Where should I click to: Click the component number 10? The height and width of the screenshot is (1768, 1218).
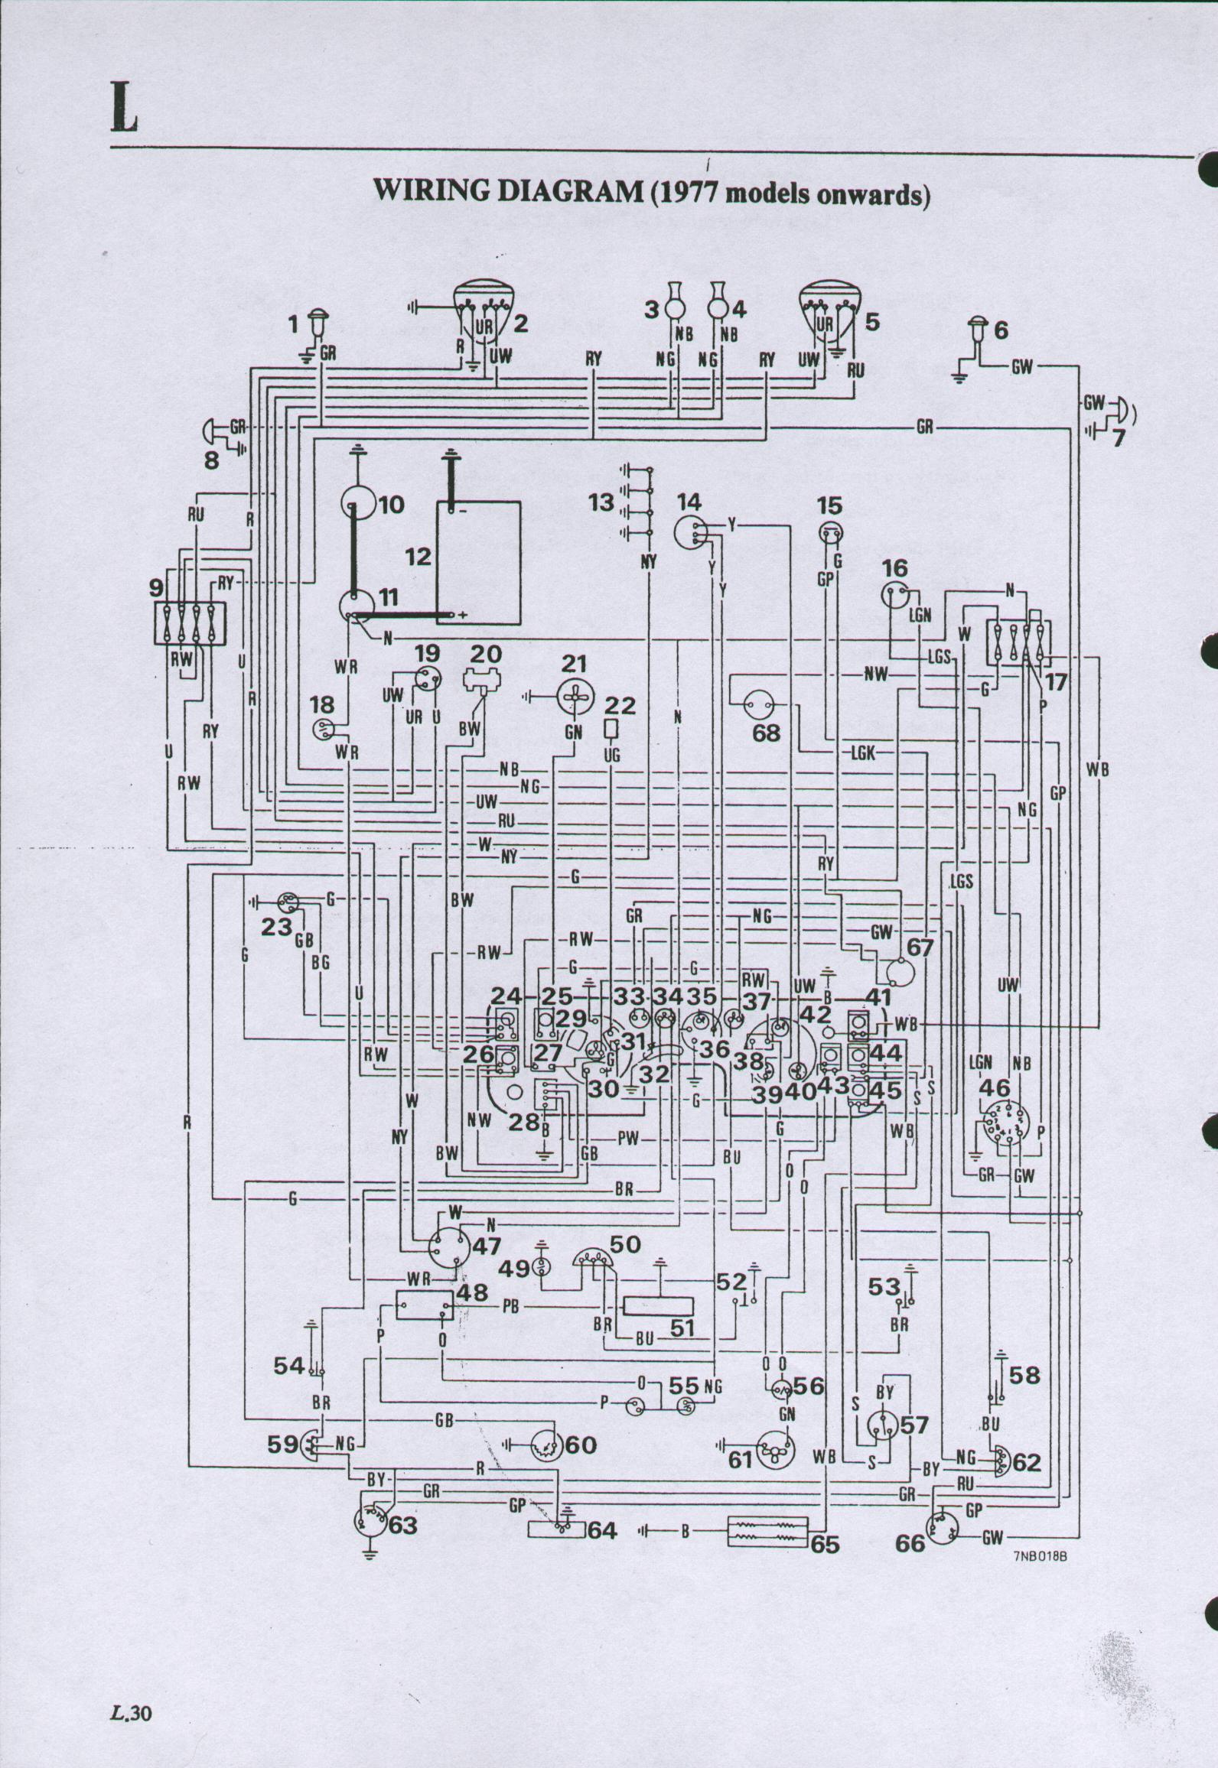click(390, 505)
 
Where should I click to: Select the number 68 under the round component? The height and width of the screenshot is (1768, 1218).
click(766, 733)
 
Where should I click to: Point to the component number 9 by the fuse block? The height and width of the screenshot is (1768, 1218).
click(157, 589)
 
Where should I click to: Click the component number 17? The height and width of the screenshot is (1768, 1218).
click(1056, 682)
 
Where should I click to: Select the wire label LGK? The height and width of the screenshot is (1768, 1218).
click(862, 753)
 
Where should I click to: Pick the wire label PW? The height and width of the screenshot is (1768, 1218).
click(627, 1138)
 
